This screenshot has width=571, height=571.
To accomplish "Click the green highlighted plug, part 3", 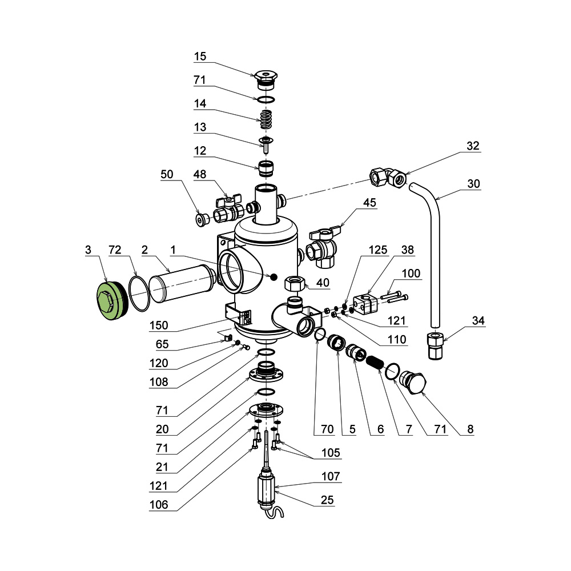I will (110, 300).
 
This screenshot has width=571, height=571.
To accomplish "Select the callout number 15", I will (200, 57).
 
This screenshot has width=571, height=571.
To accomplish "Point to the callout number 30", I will (473, 184).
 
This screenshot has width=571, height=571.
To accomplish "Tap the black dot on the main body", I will (274, 277).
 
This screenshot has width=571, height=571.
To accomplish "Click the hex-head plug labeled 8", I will (414, 381).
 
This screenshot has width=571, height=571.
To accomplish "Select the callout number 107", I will (330, 476).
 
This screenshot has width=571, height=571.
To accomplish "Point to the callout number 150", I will (159, 325).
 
